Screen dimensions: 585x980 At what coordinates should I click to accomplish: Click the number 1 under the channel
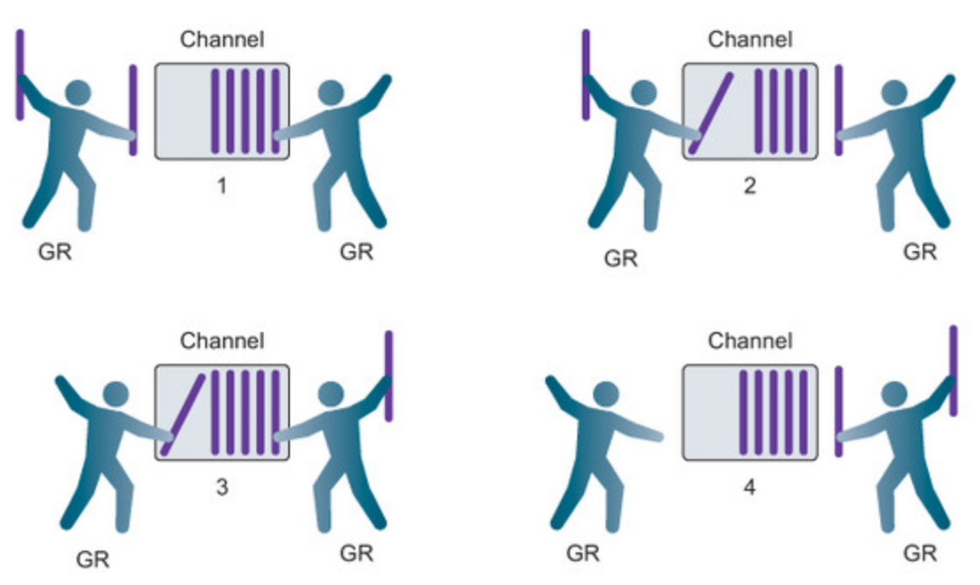pyautogui.click(x=221, y=187)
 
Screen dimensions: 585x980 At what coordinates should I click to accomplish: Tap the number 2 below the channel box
pyautogui.click(x=749, y=187)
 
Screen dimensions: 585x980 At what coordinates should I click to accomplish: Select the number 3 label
pyautogui.click(x=221, y=486)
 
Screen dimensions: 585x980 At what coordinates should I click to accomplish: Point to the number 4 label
pyautogui.click(x=749, y=486)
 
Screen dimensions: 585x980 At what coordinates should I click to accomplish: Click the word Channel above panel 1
pyautogui.click(x=222, y=40)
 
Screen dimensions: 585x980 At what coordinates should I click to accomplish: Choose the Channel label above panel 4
pyautogui.click(x=750, y=340)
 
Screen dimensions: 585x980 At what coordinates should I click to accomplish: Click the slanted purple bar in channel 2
pyautogui.click(x=711, y=113)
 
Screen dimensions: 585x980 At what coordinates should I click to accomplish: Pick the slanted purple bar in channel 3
pyautogui.click(x=183, y=414)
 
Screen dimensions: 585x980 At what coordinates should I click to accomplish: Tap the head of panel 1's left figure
pyautogui.click(x=78, y=93)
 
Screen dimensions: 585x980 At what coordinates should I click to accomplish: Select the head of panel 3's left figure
pyautogui.click(x=115, y=393)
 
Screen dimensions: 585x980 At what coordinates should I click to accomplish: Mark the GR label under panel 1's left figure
pyautogui.click(x=56, y=254)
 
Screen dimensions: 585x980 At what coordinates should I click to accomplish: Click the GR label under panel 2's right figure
pyautogui.click(x=920, y=252)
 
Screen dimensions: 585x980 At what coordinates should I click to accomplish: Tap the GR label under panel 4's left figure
pyautogui.click(x=583, y=553)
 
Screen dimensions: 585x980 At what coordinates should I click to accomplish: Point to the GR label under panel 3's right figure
pyautogui.click(x=356, y=553)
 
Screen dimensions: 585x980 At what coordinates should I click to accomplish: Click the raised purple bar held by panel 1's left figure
pyautogui.click(x=19, y=75)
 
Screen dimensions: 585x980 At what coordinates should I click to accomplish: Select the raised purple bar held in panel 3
pyautogui.click(x=389, y=375)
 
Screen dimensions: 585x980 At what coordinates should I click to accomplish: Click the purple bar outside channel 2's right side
pyautogui.click(x=838, y=110)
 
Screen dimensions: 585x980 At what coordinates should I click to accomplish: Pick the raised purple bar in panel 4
pyautogui.click(x=953, y=370)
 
